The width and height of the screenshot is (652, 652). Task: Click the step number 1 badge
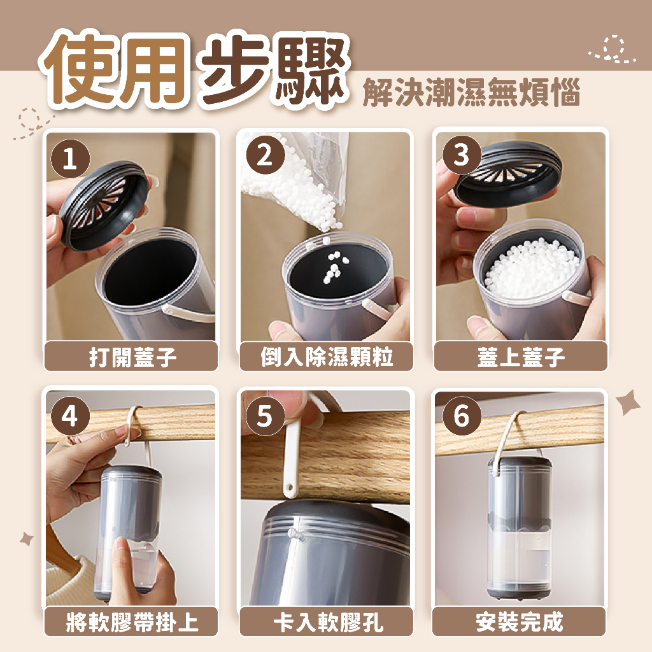(70, 159)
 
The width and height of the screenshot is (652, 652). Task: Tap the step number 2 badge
(265, 155)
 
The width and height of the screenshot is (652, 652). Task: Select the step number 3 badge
(461, 155)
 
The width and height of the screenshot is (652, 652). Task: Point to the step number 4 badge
(70, 416)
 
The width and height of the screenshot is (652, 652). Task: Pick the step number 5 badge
(265, 416)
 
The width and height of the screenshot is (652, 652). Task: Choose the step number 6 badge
(461, 416)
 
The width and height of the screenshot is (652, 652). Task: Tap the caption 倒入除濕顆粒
(327, 357)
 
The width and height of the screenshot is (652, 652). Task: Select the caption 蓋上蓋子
(521, 357)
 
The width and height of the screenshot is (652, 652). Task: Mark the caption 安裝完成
(520, 622)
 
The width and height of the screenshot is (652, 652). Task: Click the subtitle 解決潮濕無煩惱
(471, 92)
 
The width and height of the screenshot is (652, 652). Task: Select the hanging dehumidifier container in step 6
(514, 527)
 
